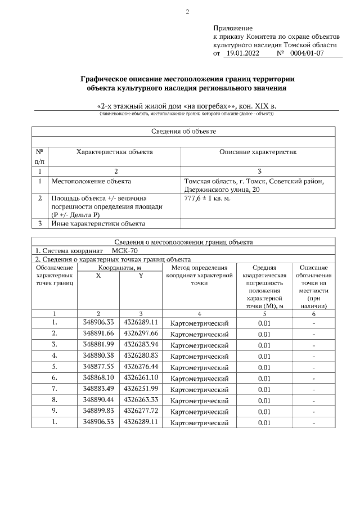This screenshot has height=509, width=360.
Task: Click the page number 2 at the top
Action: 188,12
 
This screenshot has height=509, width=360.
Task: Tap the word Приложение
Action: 233,28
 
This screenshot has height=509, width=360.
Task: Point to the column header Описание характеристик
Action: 258,152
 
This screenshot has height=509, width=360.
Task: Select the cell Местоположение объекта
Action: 91,181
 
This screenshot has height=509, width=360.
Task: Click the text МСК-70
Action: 124,250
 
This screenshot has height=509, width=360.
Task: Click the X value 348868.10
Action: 98,377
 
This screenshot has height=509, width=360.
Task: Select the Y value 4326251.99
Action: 141,388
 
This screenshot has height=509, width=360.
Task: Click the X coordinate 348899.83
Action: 98,411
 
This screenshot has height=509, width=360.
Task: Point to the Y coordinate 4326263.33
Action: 141,399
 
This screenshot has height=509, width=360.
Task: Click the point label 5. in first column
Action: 55,366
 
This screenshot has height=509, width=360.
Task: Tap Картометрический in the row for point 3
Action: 199,344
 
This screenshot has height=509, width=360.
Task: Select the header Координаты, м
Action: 119,268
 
